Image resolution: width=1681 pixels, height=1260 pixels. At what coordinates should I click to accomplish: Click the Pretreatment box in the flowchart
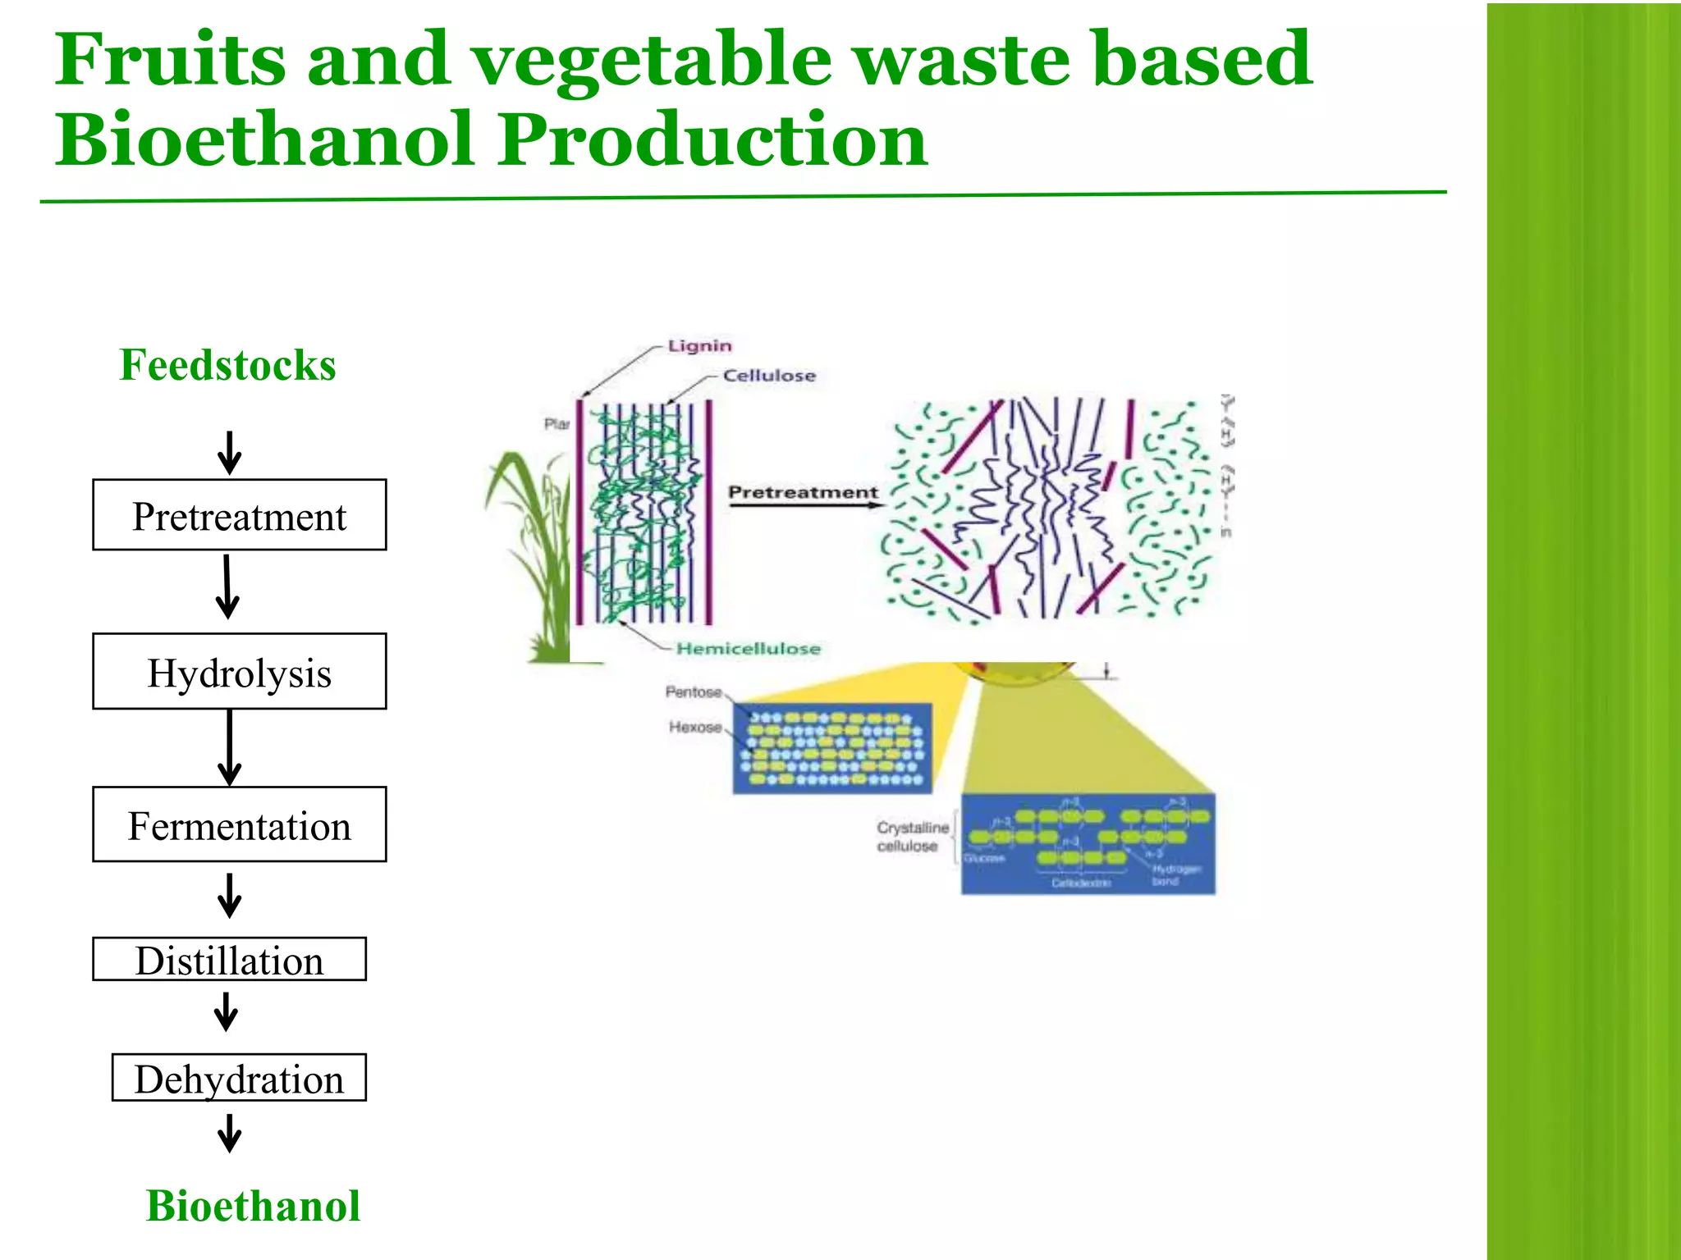[239, 515]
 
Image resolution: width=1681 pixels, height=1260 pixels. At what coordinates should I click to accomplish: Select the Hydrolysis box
[239, 672]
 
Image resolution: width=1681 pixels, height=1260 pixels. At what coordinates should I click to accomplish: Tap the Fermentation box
[239, 824]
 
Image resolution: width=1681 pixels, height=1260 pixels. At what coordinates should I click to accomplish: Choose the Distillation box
[229, 959]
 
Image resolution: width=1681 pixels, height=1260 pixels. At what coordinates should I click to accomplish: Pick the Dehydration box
[239, 1078]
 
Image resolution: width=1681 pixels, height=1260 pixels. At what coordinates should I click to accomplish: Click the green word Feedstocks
[227, 365]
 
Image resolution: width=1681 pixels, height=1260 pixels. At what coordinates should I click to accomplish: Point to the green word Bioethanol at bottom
[253, 1206]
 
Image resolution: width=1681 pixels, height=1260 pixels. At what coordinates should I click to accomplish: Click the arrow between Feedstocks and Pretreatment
[230, 454]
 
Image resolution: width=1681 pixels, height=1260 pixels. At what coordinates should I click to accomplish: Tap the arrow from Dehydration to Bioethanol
[230, 1133]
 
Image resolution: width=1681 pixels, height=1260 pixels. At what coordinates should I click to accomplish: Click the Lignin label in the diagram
[699, 345]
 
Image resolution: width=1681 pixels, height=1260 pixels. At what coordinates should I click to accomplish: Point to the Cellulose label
[769, 376]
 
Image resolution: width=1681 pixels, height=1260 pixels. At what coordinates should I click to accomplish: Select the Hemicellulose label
[748, 649]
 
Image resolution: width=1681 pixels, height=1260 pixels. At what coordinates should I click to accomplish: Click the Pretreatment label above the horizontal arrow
[803, 492]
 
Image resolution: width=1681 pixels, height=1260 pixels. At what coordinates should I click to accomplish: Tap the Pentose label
[693, 692]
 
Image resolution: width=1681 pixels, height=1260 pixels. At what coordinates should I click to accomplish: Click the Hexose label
[694, 727]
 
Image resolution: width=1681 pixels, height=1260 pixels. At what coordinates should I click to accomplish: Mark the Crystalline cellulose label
[911, 837]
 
